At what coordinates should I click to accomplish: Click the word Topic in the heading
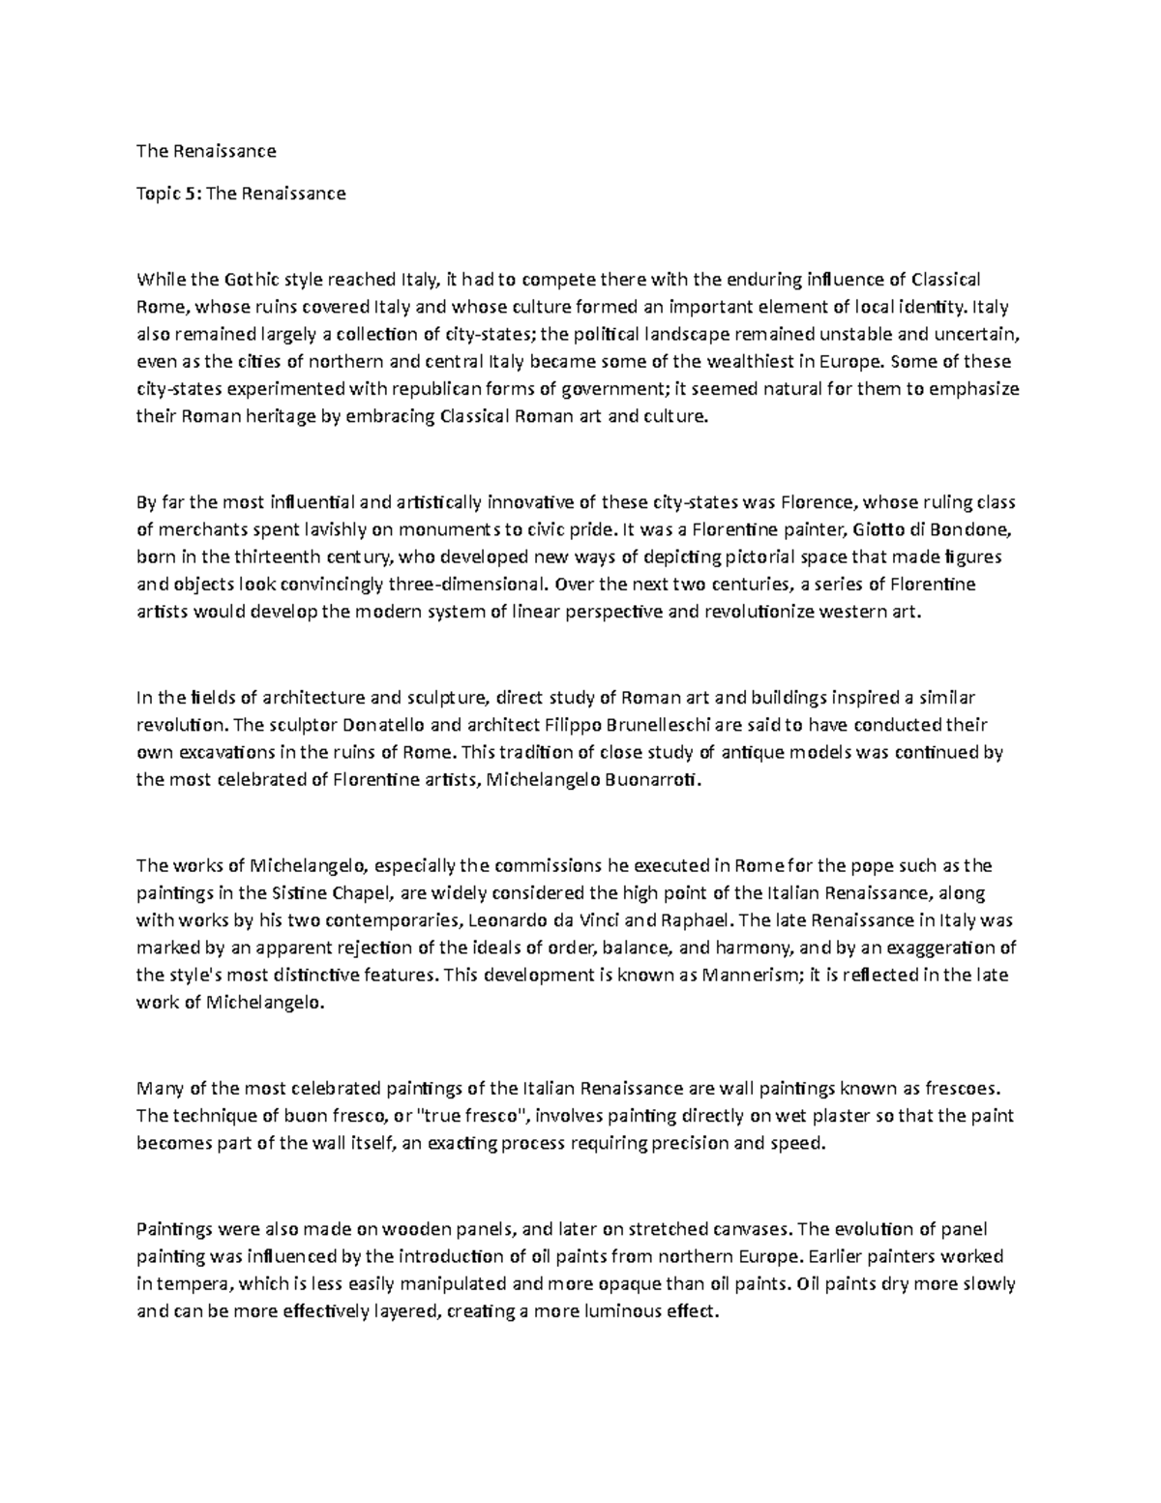click(158, 194)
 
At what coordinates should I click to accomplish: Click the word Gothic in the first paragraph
click(254, 281)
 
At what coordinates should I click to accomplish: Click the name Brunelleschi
click(655, 726)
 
